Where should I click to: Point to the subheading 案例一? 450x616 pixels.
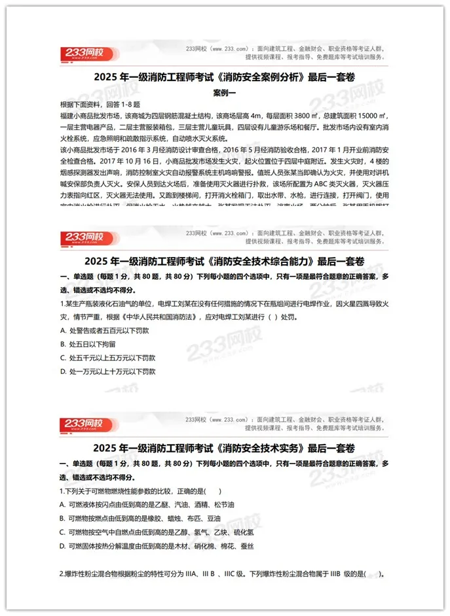tap(225, 92)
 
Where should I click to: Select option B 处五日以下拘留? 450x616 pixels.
tap(87, 344)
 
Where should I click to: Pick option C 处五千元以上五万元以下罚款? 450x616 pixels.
tap(107, 358)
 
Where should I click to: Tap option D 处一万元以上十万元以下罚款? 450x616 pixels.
tap(107, 371)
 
